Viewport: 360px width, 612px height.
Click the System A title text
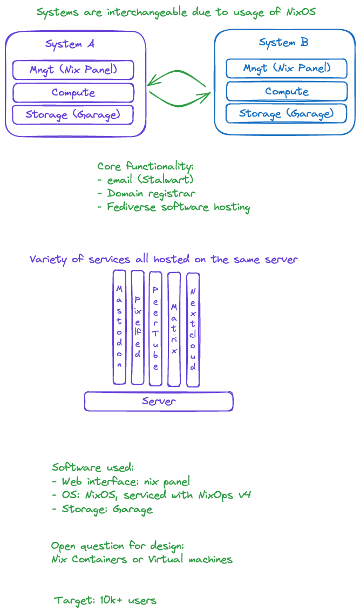(70, 44)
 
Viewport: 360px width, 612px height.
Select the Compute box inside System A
(73, 93)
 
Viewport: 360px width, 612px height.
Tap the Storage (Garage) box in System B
(286, 113)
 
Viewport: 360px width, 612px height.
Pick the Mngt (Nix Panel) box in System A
(73, 70)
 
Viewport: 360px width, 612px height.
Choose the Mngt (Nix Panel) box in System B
(286, 69)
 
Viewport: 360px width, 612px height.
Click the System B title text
(283, 43)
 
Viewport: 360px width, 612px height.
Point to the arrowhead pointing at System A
(151, 83)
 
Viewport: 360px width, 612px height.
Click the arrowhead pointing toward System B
(206, 96)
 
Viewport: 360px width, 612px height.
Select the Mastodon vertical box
(119, 327)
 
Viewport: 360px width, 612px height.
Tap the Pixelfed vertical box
(138, 327)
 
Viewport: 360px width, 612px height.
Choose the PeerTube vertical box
(155, 328)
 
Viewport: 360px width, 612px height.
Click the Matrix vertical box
(174, 329)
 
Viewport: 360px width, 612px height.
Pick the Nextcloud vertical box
(193, 330)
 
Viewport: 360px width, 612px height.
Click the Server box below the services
(159, 402)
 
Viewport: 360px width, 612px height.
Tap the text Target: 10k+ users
(105, 600)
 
